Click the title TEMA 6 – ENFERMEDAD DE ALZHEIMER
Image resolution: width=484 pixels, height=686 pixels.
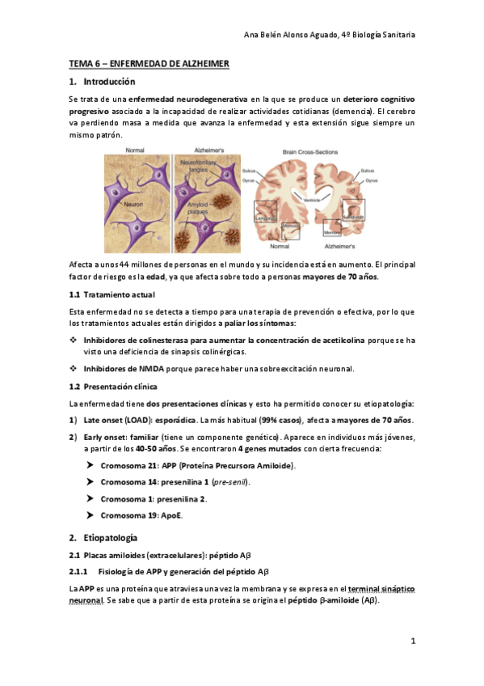coord(149,63)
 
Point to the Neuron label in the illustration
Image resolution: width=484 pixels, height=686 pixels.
coord(133,205)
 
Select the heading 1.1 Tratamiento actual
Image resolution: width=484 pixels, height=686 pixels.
coord(112,294)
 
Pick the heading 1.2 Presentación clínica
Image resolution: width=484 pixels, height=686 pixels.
coord(116,387)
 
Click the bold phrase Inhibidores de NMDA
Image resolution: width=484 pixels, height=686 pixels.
coord(121,369)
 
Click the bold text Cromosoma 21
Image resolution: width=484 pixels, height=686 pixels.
coord(129,466)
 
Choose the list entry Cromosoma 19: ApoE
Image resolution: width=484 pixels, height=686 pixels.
coord(142,515)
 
